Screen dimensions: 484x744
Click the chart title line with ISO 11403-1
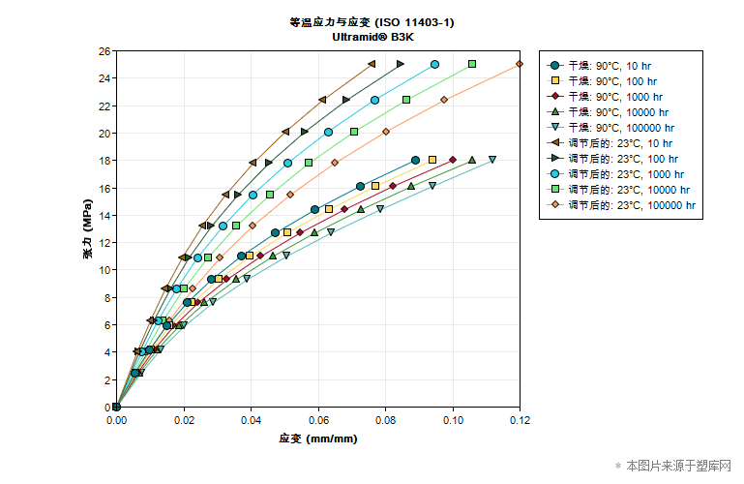372,21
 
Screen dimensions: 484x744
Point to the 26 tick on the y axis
104,50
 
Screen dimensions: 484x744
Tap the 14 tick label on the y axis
104,215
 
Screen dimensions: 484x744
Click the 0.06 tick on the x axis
318,421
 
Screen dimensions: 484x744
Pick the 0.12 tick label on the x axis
520,421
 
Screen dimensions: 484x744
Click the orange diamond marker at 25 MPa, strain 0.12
520,64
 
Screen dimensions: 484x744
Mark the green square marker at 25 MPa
472,64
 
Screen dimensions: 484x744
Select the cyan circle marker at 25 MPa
434,64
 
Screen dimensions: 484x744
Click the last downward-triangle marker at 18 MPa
492,160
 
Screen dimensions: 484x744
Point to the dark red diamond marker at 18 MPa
452,160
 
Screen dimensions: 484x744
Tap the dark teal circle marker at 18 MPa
415,160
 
